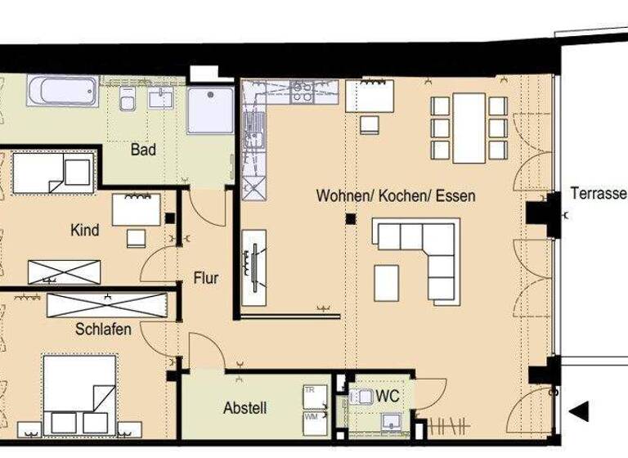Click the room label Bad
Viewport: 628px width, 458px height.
tap(143, 150)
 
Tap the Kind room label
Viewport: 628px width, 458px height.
tap(85, 231)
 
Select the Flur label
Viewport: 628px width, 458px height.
tap(206, 278)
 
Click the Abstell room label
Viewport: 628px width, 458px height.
tap(245, 408)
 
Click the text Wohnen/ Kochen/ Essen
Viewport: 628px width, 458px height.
tap(396, 197)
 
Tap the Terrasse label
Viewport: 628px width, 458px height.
tap(598, 195)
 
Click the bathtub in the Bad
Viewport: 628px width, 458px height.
tap(62, 92)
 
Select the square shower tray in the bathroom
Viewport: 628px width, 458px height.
tap(210, 110)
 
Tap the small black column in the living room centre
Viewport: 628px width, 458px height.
tap(350, 219)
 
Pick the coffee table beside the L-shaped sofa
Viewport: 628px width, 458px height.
tap(387, 283)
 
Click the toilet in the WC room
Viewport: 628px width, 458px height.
tap(361, 397)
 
